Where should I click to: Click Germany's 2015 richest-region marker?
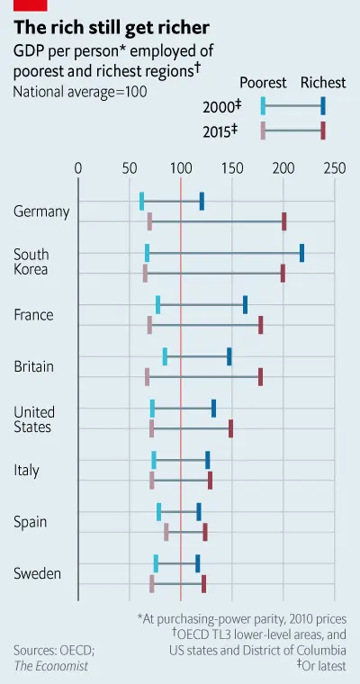[284, 221]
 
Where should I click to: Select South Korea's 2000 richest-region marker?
[302, 253]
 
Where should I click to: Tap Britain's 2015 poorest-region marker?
[147, 377]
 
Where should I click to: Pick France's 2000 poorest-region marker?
[157, 304]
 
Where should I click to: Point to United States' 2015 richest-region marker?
[230, 428]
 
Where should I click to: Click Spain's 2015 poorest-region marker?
[166, 532]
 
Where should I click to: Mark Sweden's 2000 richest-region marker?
[198, 563]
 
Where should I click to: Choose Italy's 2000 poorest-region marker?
[154, 460]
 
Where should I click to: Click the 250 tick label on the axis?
[335, 168]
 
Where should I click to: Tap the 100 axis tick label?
[181, 168]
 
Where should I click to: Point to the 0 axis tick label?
[78, 168]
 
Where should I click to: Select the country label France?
[33, 314]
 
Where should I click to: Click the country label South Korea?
[31, 261]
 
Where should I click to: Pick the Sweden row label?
[37, 573]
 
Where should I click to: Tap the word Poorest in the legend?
[264, 83]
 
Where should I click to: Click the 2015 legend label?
[220, 131]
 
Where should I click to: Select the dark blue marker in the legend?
[323, 106]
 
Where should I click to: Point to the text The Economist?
[50, 666]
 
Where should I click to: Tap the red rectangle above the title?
[30, 5]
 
